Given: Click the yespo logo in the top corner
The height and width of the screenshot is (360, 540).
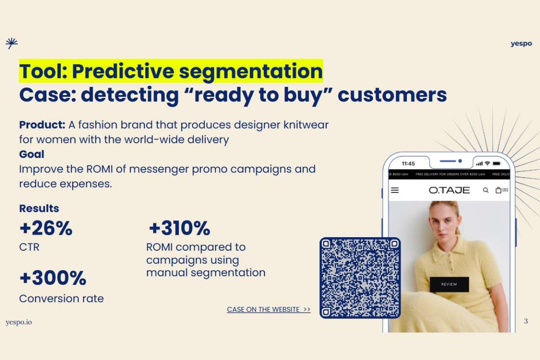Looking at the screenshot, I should click(x=521, y=44).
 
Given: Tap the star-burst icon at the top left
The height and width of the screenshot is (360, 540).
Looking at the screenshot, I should click(x=11, y=43).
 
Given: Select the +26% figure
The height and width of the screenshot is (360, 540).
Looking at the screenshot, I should click(x=45, y=229).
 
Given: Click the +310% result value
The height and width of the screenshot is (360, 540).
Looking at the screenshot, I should click(x=180, y=229).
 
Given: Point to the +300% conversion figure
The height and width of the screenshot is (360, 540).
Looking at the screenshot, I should click(x=53, y=278).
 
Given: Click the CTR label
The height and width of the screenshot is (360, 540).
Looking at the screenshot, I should click(x=29, y=247).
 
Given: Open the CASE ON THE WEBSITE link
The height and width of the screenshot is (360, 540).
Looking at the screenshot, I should click(x=269, y=310).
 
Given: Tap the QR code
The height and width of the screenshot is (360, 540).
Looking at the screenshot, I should click(x=360, y=278).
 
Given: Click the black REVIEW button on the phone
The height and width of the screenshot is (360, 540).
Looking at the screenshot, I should click(x=449, y=284).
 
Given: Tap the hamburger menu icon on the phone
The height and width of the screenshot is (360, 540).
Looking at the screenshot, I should click(x=395, y=190).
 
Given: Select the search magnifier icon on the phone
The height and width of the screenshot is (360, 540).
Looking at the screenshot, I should click(x=486, y=190).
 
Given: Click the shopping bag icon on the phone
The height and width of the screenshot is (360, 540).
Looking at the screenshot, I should click(x=499, y=190).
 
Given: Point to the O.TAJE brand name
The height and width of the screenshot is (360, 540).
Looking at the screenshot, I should click(x=449, y=190).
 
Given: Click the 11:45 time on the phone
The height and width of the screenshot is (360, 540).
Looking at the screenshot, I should click(x=408, y=163).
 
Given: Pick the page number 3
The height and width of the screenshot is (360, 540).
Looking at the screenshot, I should click(x=526, y=321).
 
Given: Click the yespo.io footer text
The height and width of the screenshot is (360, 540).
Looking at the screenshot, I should click(x=19, y=322).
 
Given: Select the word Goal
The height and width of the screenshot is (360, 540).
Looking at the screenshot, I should click(x=31, y=154).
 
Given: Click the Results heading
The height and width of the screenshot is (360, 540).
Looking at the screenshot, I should click(x=39, y=209).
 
